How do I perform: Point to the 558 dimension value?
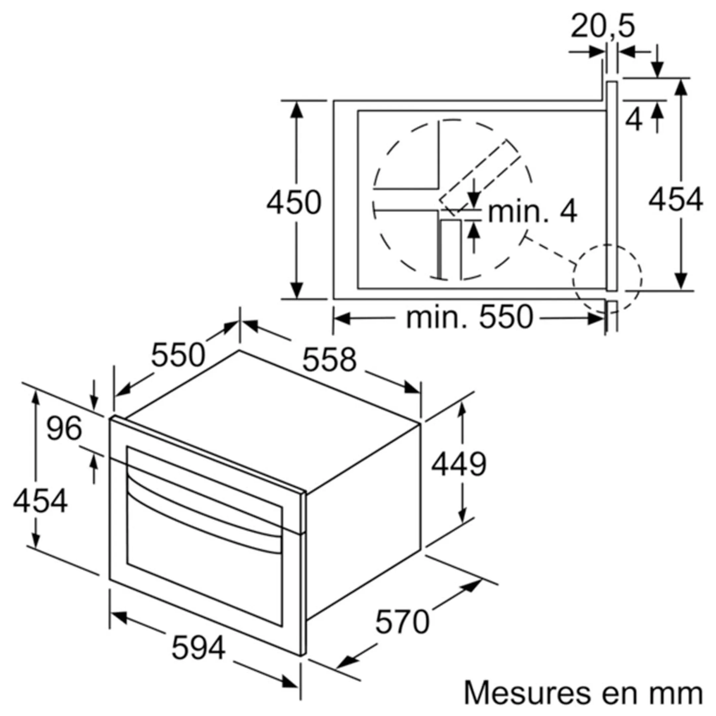click(x=329, y=359)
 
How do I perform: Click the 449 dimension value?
click(x=458, y=464)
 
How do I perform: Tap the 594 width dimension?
click(x=199, y=647)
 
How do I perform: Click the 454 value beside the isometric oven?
click(x=40, y=501)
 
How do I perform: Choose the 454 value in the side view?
click(x=676, y=199)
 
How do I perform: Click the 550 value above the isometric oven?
click(x=178, y=354)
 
